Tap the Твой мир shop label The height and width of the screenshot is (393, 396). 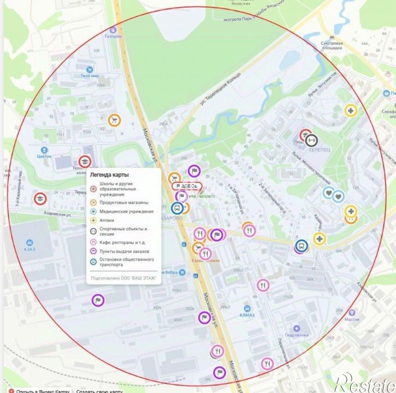89,75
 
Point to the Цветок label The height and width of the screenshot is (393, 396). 44,156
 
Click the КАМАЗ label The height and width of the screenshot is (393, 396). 247,315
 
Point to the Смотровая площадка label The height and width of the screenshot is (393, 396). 332,45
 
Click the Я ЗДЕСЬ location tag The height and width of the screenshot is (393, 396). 187,186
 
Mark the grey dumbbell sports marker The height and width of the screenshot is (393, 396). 312,140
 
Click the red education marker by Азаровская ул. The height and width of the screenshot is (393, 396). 39,198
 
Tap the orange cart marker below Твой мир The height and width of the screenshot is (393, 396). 114,120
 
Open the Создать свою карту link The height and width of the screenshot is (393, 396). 99,390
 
